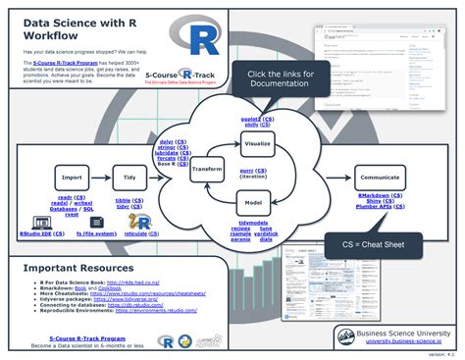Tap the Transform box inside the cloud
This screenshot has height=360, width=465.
(208, 167)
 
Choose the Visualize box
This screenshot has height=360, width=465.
(257, 143)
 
